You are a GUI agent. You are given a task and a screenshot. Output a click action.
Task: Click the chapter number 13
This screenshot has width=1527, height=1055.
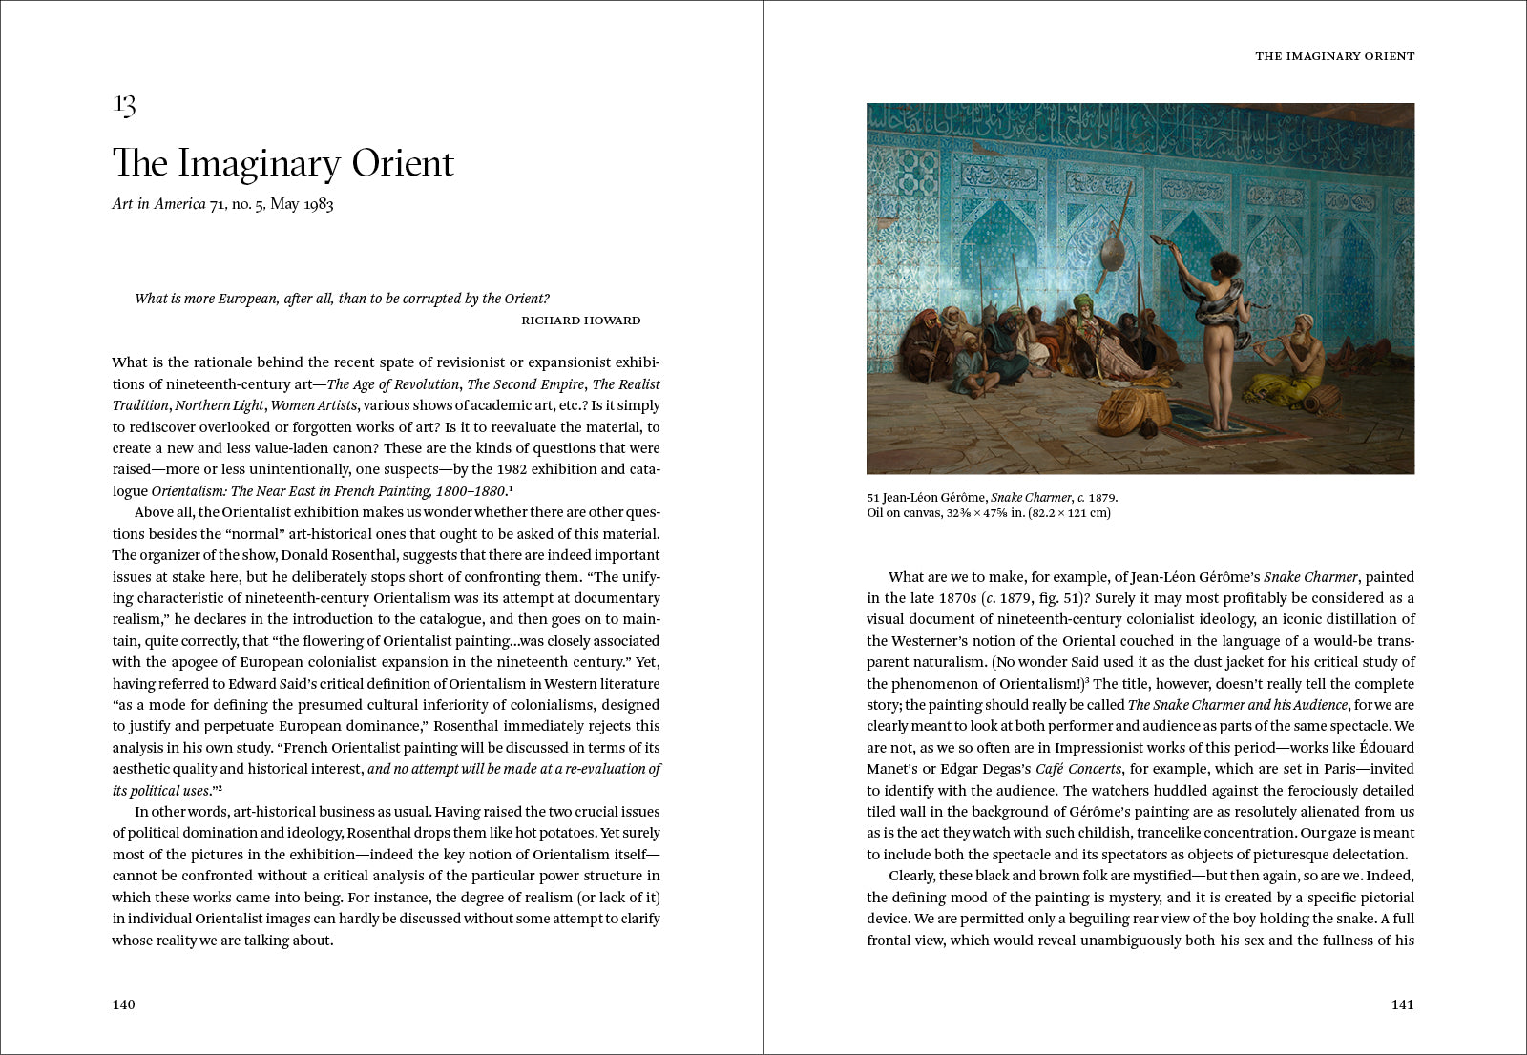tap(124, 104)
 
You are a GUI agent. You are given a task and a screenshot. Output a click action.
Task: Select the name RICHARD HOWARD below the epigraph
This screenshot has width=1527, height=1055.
tap(580, 321)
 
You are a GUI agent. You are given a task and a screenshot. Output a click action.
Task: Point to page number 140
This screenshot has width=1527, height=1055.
tap(124, 1004)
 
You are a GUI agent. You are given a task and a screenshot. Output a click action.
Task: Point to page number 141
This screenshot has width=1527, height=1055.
tap(1402, 1004)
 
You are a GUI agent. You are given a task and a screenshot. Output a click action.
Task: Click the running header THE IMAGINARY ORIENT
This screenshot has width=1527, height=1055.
tap(1334, 56)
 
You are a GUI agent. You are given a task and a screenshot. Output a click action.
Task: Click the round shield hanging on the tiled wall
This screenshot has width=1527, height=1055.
tap(1112, 253)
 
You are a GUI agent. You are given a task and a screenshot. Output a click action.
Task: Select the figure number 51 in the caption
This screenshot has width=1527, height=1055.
tap(873, 498)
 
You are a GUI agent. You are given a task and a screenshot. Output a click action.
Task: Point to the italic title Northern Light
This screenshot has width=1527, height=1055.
tap(219, 405)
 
